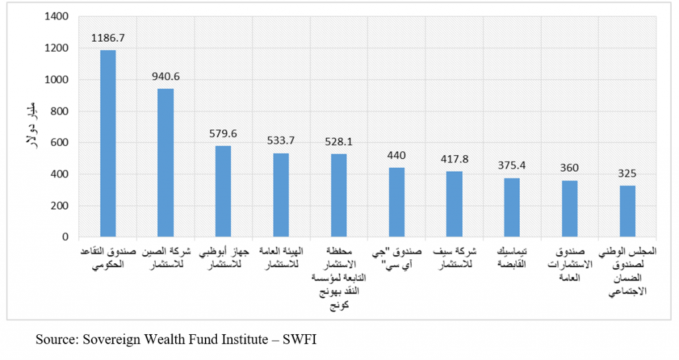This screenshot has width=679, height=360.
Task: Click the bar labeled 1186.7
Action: pos(108,143)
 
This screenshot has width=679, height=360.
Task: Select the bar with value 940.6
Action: pos(166,162)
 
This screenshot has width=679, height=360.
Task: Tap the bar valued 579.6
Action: pos(223,191)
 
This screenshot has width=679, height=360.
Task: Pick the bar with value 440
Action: pos(397,202)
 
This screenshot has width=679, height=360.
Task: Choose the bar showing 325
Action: pos(627,211)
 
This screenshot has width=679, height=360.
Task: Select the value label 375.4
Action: pos(512,165)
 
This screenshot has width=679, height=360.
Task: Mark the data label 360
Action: pos(570,168)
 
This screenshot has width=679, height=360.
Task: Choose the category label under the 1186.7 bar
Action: pos(108,258)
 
